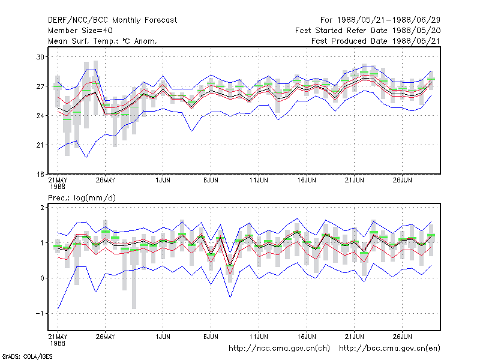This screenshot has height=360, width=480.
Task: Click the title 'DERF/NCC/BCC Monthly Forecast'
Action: point(112,20)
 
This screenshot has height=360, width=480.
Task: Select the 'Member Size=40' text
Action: point(80,31)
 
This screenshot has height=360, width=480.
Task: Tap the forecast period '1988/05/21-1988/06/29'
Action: point(389,20)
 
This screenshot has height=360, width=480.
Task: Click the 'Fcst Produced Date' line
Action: point(376,41)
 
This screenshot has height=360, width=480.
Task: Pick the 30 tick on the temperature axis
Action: point(40,57)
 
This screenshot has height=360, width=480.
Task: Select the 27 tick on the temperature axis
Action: point(40,86)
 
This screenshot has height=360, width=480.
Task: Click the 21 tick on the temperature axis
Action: point(40,145)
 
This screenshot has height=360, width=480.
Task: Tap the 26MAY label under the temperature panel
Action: point(106,180)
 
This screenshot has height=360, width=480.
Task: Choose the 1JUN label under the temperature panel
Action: point(163,180)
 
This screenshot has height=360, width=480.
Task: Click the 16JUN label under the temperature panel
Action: point(307,180)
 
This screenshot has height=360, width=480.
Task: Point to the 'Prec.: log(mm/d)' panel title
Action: point(82,198)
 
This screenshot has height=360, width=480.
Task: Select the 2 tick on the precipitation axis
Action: point(42,208)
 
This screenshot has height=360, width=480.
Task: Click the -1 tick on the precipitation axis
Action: point(40,313)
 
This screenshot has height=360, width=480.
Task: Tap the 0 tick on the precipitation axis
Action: point(42,278)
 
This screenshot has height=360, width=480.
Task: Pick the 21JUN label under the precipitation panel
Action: point(355,337)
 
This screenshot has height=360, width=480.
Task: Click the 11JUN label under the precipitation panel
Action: point(259,337)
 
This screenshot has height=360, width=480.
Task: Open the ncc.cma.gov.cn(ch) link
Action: point(279,349)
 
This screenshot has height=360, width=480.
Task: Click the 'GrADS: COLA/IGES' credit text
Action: point(27,356)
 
